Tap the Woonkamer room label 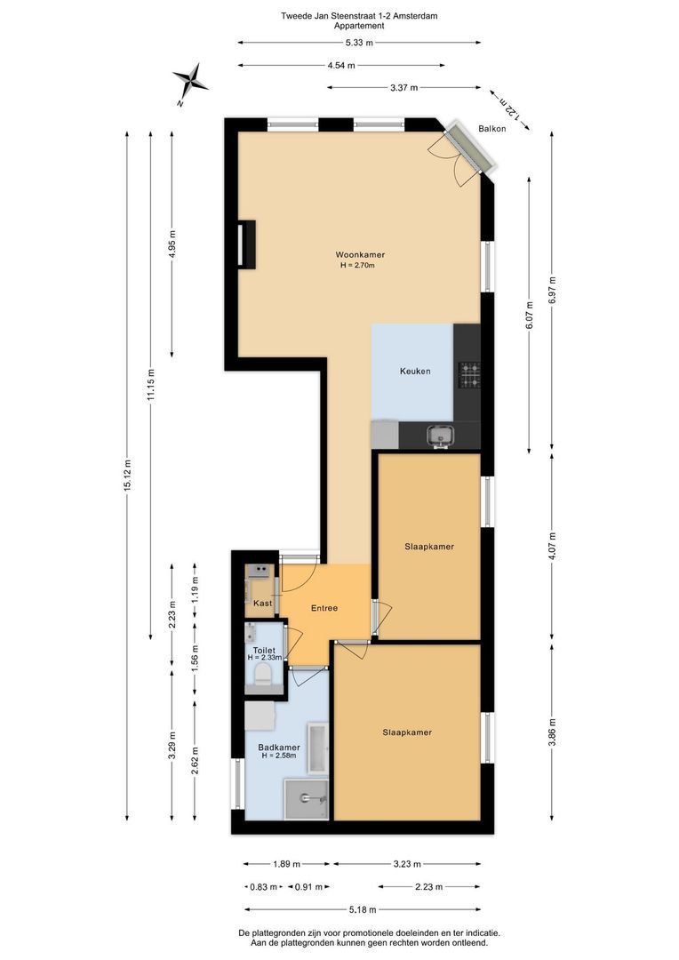pos(360,255)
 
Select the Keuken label pos(415,371)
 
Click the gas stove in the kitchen pos(470,375)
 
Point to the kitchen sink pos(441,436)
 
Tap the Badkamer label pos(278,748)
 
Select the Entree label pos(324,608)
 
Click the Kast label pos(263,603)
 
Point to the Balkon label pos(492,129)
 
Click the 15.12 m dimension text pos(127,475)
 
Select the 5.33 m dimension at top pos(359,43)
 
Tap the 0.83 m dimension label pos(264,886)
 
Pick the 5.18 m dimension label pos(363,910)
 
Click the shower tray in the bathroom pos(306,798)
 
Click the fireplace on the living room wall pos(246,243)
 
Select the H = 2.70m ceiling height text pos(357,266)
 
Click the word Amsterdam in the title pos(416,17)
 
